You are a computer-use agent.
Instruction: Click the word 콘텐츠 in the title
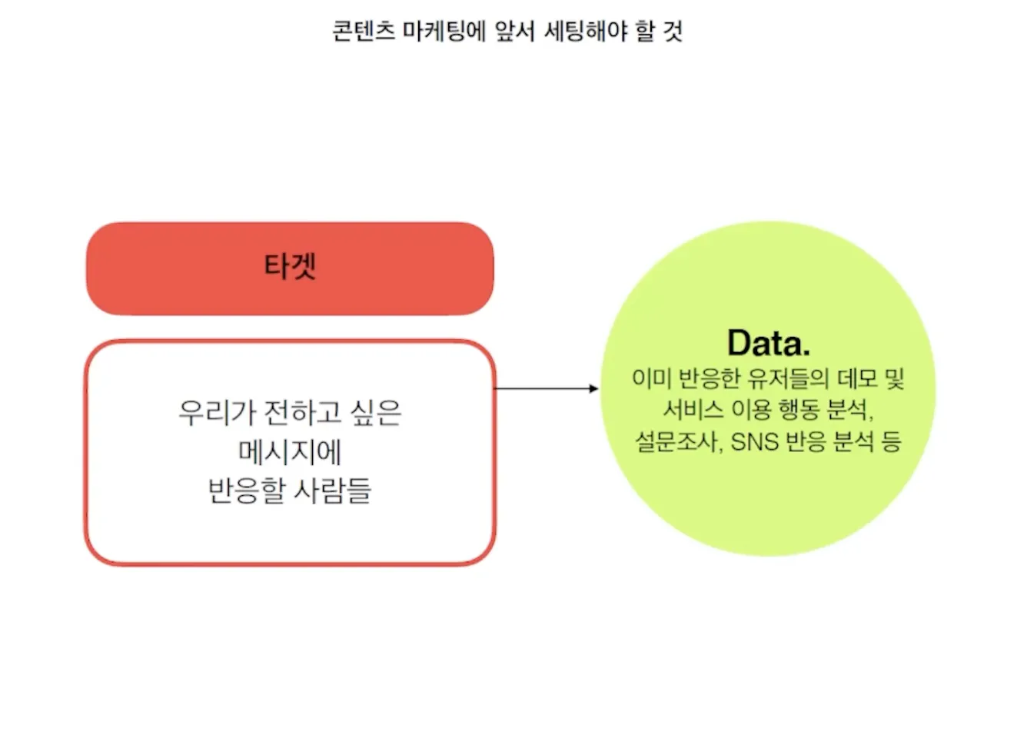(364, 32)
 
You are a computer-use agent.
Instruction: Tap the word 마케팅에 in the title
(444, 32)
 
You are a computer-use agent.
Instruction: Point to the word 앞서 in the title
(515, 32)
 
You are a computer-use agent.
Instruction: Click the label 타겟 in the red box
(290, 266)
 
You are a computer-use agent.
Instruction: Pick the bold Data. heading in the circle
(769, 343)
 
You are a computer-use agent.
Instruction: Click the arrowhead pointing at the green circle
(593, 388)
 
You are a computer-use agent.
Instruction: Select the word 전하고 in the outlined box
(303, 413)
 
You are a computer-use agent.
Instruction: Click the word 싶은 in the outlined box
(375, 413)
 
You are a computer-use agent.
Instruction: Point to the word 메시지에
(290, 452)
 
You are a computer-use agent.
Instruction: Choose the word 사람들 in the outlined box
(332, 491)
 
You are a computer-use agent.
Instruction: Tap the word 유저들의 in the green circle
(788, 378)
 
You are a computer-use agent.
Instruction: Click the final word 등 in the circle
(891, 441)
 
